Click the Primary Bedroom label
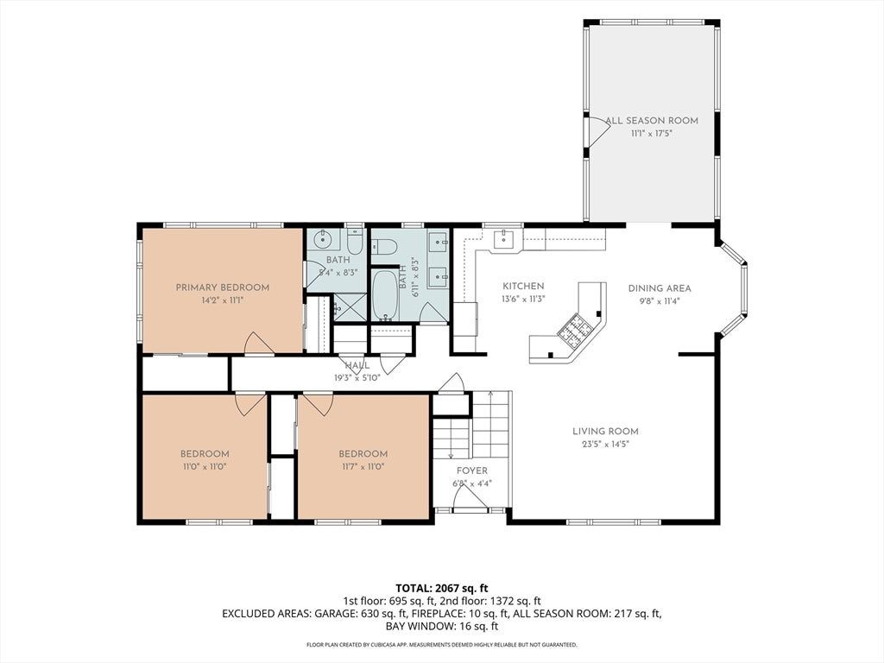(x=222, y=287)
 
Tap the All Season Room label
(x=652, y=121)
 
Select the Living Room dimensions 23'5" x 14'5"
(x=605, y=445)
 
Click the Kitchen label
(x=523, y=287)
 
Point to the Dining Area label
(x=659, y=288)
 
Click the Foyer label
(x=472, y=470)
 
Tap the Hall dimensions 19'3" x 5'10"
(x=357, y=378)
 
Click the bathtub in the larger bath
(x=386, y=295)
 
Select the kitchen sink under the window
(x=504, y=239)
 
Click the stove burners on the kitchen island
(x=573, y=329)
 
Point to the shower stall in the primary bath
(x=349, y=307)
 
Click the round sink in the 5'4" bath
(x=323, y=240)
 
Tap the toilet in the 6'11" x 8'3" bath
(x=386, y=247)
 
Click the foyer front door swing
(x=470, y=497)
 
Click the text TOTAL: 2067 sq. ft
(x=441, y=589)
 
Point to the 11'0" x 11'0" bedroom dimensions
(x=205, y=467)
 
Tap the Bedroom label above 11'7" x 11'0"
(x=363, y=454)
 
